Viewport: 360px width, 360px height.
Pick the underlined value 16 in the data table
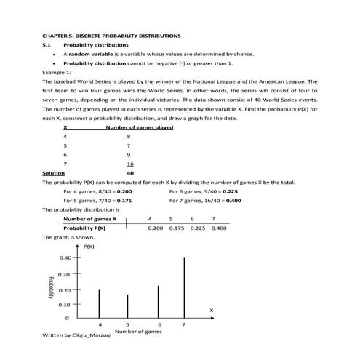[129, 164]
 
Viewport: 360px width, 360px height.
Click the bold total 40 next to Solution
[129, 174]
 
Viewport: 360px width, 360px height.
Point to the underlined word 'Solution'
[53, 174]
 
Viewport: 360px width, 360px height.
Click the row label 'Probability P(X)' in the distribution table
[84, 228]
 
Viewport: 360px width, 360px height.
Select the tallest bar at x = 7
[184, 287]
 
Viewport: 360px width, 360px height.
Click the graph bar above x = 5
[127, 305]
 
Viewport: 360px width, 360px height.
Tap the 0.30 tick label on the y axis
[65, 274]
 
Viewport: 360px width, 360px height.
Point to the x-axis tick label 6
[159, 324]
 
